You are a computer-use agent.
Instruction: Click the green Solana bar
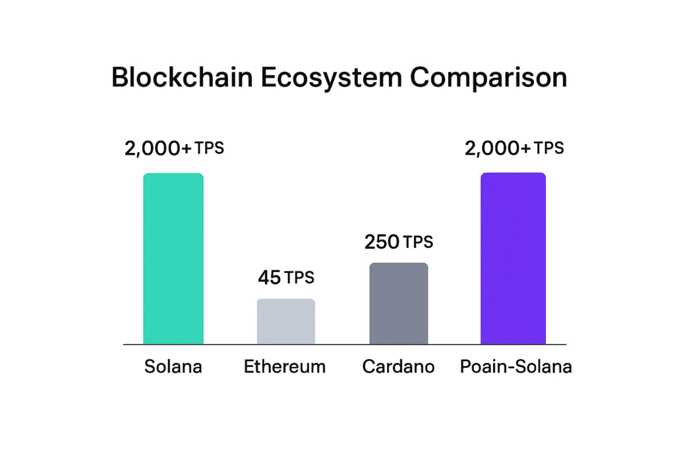pyautogui.click(x=173, y=258)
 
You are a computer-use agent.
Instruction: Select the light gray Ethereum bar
pyautogui.click(x=286, y=322)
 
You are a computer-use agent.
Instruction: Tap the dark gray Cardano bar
pyautogui.click(x=398, y=303)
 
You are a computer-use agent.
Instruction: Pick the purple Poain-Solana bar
pyautogui.click(x=513, y=258)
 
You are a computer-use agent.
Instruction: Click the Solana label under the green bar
pyautogui.click(x=173, y=367)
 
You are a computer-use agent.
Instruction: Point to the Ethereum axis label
pyautogui.click(x=285, y=367)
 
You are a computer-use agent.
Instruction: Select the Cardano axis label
pyautogui.click(x=398, y=367)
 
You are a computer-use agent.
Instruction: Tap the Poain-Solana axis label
pyautogui.click(x=515, y=367)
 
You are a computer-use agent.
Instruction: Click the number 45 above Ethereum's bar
pyautogui.click(x=269, y=278)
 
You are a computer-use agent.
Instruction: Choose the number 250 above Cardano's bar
pyautogui.click(x=382, y=242)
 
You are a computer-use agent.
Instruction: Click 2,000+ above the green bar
pyautogui.click(x=158, y=149)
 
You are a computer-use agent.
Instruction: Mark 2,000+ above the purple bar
pyautogui.click(x=498, y=149)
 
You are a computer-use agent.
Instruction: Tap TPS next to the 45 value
pyautogui.click(x=299, y=278)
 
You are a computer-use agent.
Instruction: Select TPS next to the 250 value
pyautogui.click(x=418, y=242)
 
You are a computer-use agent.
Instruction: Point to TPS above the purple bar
pyautogui.click(x=548, y=148)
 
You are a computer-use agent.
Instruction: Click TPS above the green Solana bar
pyautogui.click(x=209, y=148)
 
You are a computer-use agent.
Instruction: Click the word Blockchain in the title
pyautogui.click(x=181, y=78)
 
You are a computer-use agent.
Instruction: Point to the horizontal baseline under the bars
pyautogui.click(x=343, y=344)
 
